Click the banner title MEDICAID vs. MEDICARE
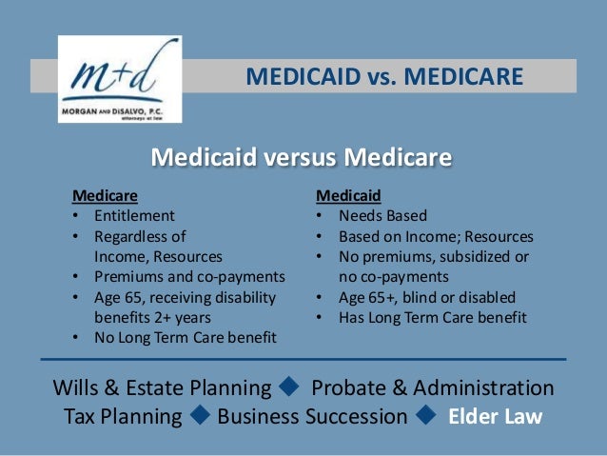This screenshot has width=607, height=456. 384,75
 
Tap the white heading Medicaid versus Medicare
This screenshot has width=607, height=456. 302,156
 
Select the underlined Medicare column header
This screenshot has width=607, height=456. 105,196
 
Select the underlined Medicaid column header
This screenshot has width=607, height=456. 348,196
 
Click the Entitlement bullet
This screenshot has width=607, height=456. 134,216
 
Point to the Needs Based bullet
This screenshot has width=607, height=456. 382,216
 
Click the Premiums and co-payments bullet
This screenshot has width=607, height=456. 189,277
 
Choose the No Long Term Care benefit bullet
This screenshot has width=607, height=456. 185,337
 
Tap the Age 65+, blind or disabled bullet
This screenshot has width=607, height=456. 420,297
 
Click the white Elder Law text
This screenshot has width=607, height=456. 495,417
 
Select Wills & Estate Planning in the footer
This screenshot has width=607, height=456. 162,388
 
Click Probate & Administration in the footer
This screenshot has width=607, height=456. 432,388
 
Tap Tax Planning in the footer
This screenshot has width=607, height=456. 122,417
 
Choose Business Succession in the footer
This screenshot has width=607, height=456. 312,417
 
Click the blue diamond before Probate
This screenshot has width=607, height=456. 290,387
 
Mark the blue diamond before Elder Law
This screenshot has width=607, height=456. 427,416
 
